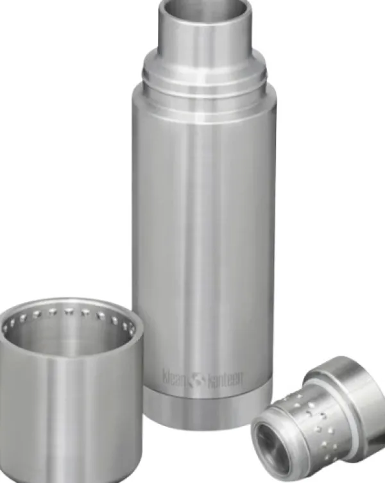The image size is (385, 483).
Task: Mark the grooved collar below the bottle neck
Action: [x=204, y=76]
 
